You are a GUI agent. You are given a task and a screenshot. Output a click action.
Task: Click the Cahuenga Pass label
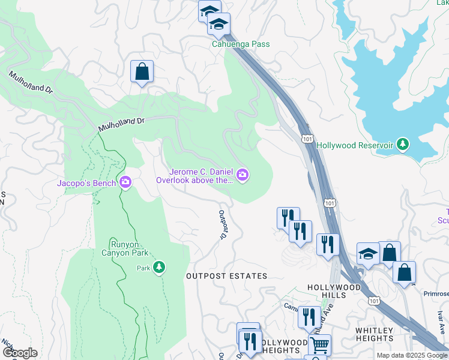tap(240, 44)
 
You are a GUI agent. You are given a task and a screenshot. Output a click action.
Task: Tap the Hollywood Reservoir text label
tap(354, 145)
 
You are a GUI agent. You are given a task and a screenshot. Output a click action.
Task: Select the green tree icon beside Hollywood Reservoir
tap(403, 145)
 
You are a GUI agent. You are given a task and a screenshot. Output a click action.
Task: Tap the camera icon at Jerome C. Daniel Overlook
tap(243, 175)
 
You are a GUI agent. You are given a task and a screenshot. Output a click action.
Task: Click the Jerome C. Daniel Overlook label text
tap(194, 175)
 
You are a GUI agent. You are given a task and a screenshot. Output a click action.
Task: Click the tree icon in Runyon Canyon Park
tap(159, 267)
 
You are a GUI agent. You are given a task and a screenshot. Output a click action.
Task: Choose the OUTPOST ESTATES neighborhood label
tap(226, 276)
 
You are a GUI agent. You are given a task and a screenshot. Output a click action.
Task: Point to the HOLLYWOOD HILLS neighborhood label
tap(334, 292)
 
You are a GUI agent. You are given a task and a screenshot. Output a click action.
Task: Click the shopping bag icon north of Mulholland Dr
tap(142, 72)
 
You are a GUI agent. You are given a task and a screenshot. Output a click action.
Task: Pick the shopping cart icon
tap(319, 345)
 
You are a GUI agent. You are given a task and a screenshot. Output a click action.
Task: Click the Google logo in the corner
tap(20, 353)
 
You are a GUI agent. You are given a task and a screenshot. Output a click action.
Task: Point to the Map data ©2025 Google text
tap(411, 355)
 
